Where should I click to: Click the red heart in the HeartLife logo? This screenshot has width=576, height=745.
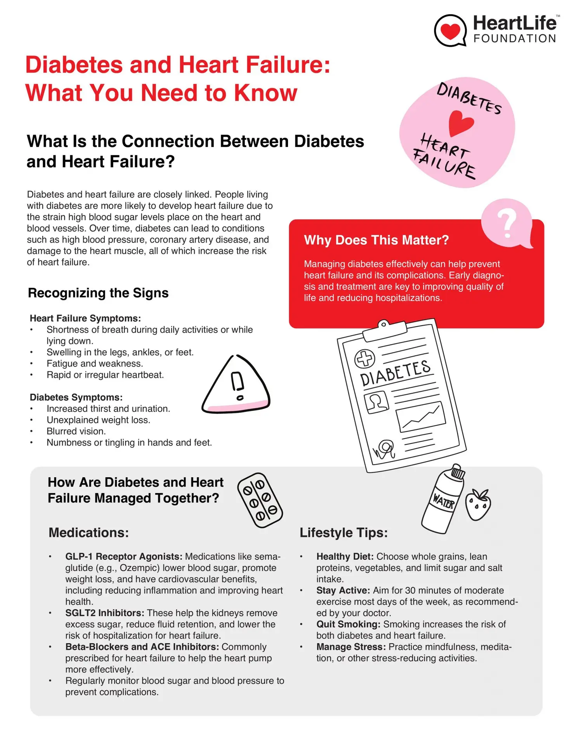[x=450, y=30]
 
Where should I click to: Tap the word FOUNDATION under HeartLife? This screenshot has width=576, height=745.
[x=515, y=39]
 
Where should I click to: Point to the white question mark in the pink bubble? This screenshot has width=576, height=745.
[x=507, y=223]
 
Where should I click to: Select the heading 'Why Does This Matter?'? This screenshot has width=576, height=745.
[x=376, y=240]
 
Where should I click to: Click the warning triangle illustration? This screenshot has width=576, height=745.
[x=236, y=385]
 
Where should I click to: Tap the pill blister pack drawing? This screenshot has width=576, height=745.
[x=260, y=500]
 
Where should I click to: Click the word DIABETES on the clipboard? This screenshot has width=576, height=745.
[x=395, y=373]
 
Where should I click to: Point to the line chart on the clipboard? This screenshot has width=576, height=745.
[x=421, y=416]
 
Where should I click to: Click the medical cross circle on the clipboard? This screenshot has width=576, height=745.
[x=364, y=358]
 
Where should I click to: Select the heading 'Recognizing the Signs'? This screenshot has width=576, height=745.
[x=98, y=293]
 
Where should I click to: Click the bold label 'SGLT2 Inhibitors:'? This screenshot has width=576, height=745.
[x=104, y=613]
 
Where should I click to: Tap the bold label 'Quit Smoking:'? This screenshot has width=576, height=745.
[x=348, y=624]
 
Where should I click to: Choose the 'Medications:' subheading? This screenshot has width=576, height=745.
[x=88, y=533]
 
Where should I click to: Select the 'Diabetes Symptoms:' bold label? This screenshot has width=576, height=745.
[x=76, y=397]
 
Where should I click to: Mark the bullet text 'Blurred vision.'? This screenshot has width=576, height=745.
[x=76, y=431]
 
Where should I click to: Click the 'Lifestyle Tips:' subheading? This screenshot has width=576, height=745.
[x=344, y=533]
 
